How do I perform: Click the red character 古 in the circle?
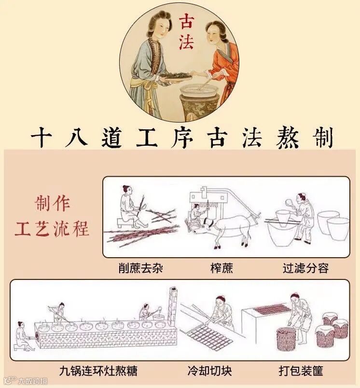coord(187,21)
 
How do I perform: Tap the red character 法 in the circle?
coord(186,42)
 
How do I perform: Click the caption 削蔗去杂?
coord(140,268)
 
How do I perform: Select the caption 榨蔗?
coord(222,268)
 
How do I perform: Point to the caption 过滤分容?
coord(305,268)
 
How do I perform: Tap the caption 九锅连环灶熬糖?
coord(98,371)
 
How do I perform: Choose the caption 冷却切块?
coord(209,371)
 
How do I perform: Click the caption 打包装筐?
coord(301,371)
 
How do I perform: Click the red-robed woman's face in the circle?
coord(213,34)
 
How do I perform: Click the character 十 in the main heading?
coord(42,138)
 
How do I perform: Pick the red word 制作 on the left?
coord(53,204)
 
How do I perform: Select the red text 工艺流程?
coord(52,228)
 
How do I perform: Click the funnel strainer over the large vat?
coord(282,218)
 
